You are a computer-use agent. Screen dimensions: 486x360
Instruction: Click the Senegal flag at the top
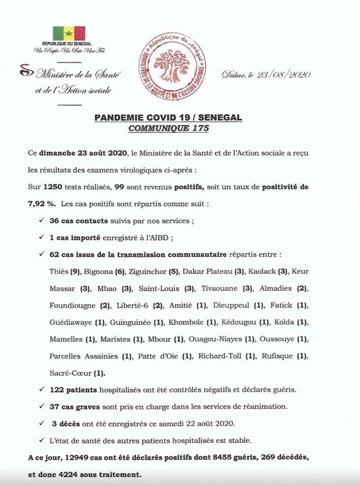pyautogui.click(x=68, y=33)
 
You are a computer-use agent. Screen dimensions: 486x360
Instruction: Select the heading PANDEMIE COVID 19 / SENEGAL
pyautogui.click(x=168, y=118)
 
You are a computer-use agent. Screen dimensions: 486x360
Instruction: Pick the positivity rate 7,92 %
pyautogui.click(x=41, y=203)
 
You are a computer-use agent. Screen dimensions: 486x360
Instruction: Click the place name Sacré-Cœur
pyautogui.click(x=71, y=373)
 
